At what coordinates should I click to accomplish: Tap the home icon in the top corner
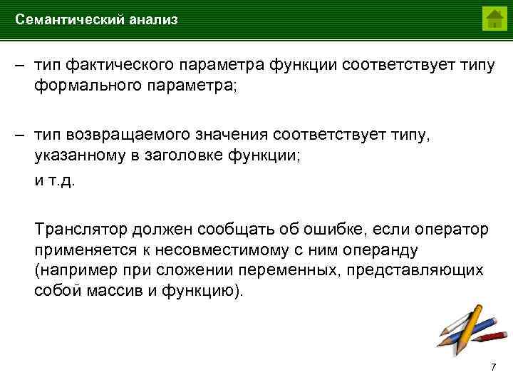click(493, 19)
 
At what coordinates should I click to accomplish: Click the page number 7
click(492, 367)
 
